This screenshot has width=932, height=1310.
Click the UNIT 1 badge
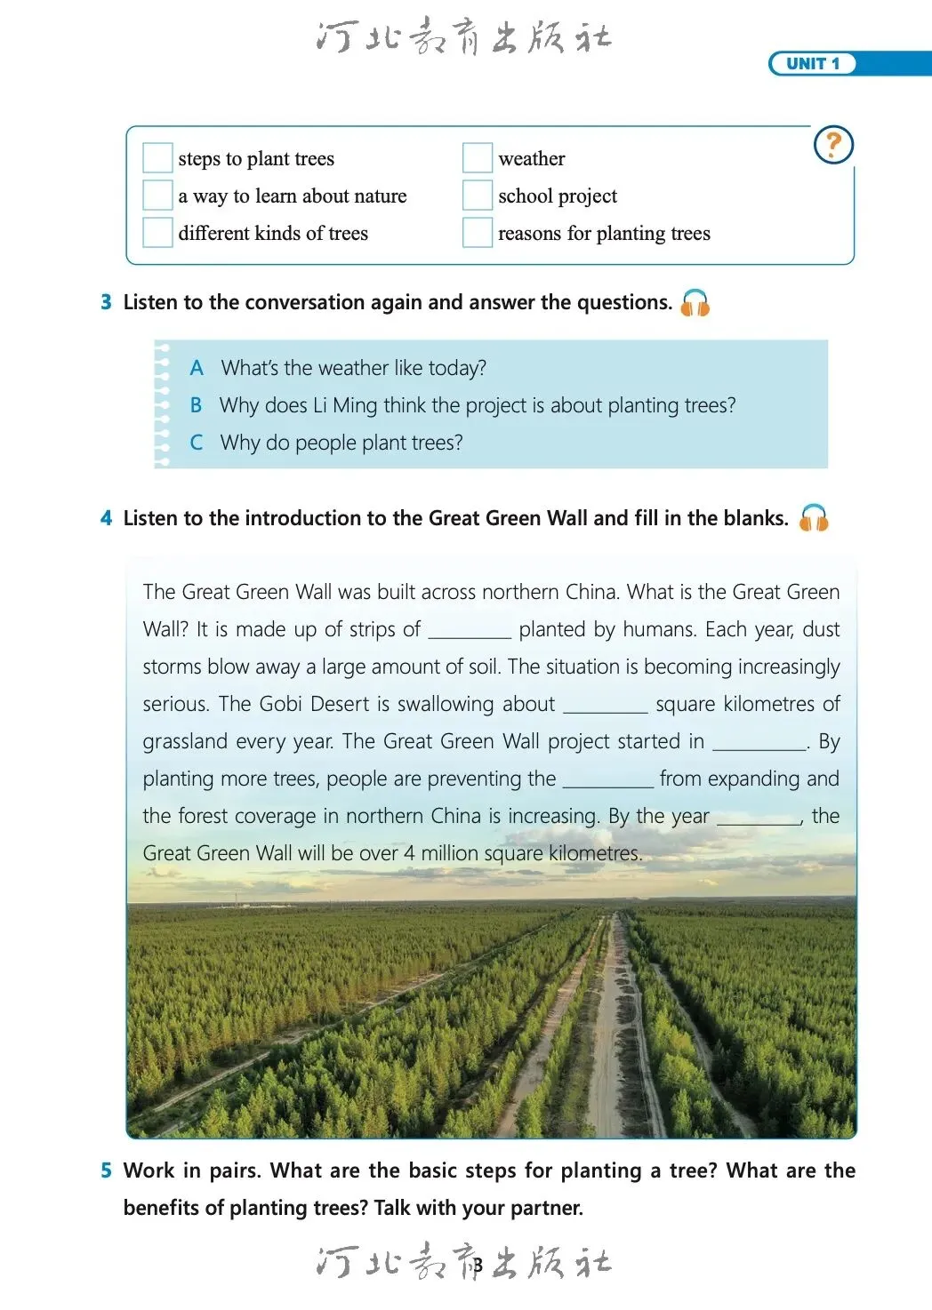[x=812, y=64]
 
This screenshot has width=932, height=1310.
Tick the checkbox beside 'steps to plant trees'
[x=157, y=158]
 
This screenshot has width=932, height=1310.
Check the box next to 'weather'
[x=478, y=158]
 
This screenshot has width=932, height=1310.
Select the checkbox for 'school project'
[x=478, y=196]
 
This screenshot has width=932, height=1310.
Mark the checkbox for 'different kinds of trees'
[x=157, y=233]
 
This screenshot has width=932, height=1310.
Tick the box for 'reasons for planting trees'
[x=478, y=233]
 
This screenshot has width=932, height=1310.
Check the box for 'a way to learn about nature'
[x=157, y=196]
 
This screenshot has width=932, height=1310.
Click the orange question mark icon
[x=833, y=144]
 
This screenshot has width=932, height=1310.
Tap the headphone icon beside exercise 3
[x=695, y=303]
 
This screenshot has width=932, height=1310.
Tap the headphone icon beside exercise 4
[x=813, y=518]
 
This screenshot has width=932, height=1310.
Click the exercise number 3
[x=106, y=303]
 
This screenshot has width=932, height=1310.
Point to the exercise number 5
[x=106, y=1170]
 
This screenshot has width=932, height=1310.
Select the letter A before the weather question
[x=197, y=368]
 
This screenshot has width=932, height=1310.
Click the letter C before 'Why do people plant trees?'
[x=197, y=443]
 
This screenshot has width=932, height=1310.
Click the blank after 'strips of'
[x=470, y=631]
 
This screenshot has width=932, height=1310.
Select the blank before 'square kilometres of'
[x=606, y=706]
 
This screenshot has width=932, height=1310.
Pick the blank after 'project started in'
[x=759, y=743]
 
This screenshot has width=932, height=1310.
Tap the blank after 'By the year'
[x=759, y=818]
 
